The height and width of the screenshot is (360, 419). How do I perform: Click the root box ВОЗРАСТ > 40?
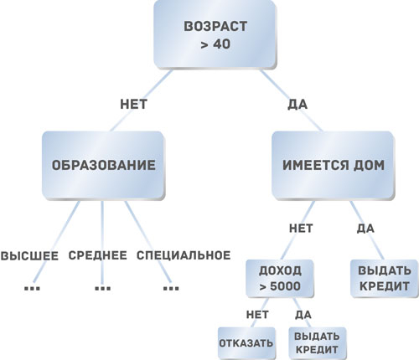[215, 34]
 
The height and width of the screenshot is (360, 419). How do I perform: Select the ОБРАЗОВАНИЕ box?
[103, 165]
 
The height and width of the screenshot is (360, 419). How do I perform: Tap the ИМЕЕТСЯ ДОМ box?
[334, 165]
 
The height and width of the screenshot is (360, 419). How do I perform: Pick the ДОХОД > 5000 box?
[280, 278]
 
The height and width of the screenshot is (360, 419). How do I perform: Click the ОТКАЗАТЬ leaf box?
[246, 343]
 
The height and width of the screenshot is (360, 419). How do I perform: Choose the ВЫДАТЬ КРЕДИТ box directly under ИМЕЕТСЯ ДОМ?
[385, 278]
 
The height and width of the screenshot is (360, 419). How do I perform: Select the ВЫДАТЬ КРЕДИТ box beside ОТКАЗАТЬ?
[318, 343]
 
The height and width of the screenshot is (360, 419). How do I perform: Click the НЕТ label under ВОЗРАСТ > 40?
[133, 105]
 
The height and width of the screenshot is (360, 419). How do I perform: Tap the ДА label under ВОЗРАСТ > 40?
[297, 105]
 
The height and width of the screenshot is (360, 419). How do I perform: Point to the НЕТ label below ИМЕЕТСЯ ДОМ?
[301, 229]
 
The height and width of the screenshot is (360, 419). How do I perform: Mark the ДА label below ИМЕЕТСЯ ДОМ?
[365, 229]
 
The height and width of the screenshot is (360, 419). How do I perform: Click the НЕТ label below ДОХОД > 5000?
[257, 315]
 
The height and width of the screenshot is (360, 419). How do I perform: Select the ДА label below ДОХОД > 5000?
[303, 315]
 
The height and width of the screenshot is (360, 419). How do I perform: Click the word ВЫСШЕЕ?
[29, 255]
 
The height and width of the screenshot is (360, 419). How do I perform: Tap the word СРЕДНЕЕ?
[98, 255]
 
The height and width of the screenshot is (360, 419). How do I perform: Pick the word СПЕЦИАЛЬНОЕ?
[184, 255]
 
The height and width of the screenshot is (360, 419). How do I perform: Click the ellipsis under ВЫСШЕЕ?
[32, 288]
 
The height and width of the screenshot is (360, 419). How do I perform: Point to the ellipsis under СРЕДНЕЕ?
[103, 288]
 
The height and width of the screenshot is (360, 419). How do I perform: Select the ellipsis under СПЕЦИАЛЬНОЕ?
[171, 288]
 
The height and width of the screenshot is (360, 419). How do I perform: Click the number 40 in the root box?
[221, 44]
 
